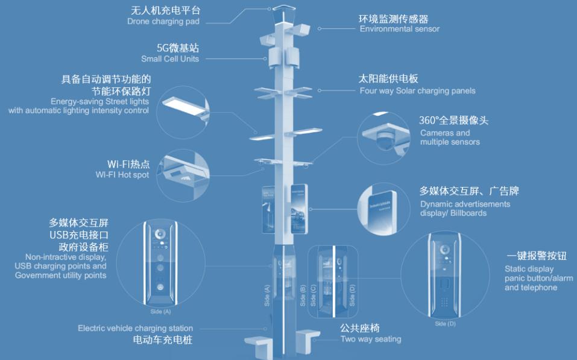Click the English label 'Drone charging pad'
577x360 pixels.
pyautogui.click(x=163, y=22)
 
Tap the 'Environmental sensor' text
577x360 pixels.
pyautogui.click(x=399, y=29)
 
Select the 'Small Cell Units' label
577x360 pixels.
pyautogui.click(x=170, y=59)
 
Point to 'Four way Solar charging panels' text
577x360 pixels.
pyautogui.click(x=417, y=91)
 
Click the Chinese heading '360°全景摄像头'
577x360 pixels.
pyautogui.click(x=453, y=121)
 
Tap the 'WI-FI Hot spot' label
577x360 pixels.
pyautogui.click(x=122, y=175)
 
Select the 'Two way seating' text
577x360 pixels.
pyautogui.click(x=370, y=339)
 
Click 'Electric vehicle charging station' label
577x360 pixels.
pyautogui.click(x=136, y=329)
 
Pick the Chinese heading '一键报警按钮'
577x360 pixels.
pyautogui.click(x=536, y=256)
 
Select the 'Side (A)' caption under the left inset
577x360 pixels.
pyautogui.click(x=160, y=312)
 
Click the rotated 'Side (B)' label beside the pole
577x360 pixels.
pyautogui.click(x=303, y=295)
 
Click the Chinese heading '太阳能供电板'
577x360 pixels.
pyautogui.click(x=388, y=79)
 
